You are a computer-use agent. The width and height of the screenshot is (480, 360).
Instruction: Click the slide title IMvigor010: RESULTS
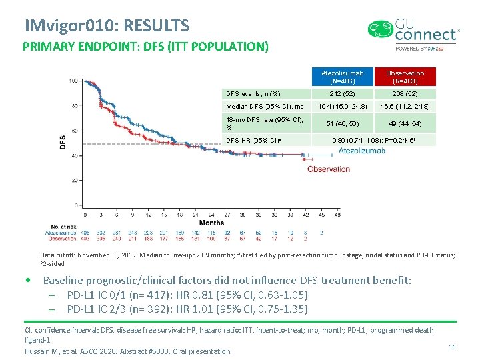pos(107,26)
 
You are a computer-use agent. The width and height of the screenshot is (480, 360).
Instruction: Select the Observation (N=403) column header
pos(405,77)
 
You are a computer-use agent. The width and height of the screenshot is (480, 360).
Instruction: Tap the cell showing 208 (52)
pos(405,94)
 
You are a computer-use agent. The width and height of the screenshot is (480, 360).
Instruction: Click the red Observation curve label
pos(329,169)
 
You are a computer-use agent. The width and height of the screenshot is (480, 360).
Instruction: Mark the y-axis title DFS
pos(62,141)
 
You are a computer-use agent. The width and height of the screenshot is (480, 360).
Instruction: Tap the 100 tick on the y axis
pos(71,81)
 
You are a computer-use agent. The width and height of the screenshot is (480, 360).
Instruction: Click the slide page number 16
pos(452,347)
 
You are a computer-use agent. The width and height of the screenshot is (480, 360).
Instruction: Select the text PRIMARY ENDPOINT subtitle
pos(145,47)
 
